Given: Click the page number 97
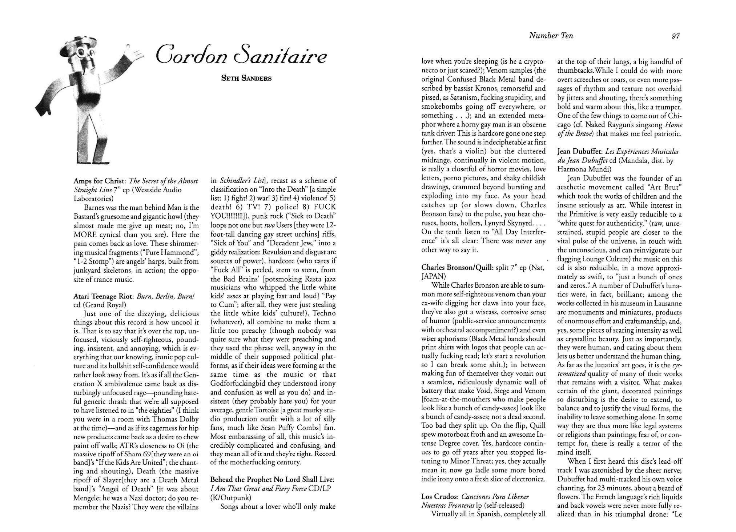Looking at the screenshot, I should point(676,36).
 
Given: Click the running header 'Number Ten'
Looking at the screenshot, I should point(551,36).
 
